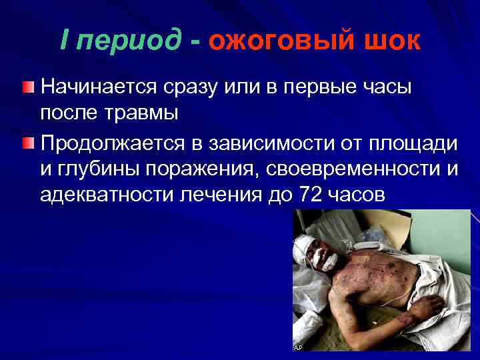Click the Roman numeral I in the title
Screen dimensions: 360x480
point(63,40)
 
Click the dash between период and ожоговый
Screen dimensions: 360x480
point(194,41)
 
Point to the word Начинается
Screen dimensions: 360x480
point(97,87)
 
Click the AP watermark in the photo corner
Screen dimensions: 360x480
point(297,347)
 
